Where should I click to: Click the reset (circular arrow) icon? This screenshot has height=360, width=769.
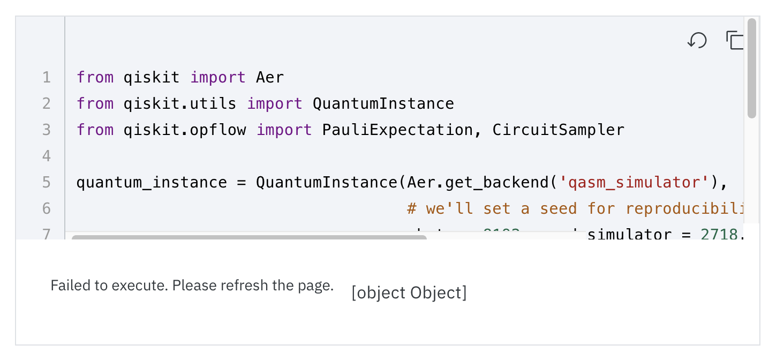pos(697,40)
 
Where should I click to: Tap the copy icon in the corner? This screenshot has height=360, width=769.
pos(735,40)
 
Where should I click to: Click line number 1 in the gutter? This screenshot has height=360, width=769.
pos(47,78)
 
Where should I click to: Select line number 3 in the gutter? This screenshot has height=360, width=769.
pos(47,130)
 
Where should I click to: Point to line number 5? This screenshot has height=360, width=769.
pos(47,183)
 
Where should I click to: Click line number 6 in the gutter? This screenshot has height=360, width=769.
pos(47,208)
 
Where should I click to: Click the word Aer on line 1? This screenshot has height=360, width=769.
pos(270,78)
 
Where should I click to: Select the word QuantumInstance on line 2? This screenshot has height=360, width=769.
pos(383,104)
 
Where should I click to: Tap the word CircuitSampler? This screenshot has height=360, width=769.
pos(558,130)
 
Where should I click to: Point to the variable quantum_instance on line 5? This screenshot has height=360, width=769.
pos(152,183)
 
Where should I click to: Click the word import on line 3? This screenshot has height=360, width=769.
pos(284,130)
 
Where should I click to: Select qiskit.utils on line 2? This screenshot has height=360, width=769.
pos(180,104)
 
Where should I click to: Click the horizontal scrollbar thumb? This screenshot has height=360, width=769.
pos(249,236)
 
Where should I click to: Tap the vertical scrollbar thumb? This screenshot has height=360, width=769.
pos(752,68)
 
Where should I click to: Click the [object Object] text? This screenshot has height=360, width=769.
pos(409,293)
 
